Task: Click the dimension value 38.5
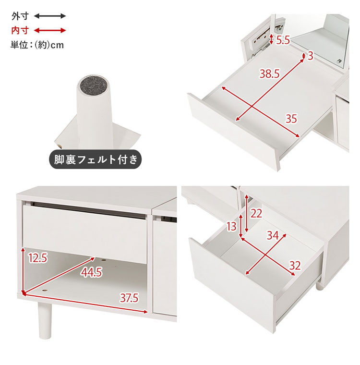pyautogui.click(x=269, y=74)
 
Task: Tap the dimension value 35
pyautogui.click(x=291, y=119)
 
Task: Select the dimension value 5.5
pyautogui.click(x=283, y=40)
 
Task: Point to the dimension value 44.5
pyautogui.click(x=91, y=272)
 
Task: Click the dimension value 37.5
pyautogui.click(x=129, y=298)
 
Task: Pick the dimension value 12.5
pyautogui.click(x=38, y=258)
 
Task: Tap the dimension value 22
pyautogui.click(x=256, y=213)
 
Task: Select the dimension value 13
pyautogui.click(x=231, y=226)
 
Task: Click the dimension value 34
pyautogui.click(x=273, y=235)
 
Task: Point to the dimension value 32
pyautogui.click(x=295, y=266)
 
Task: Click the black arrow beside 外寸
pyautogui.click(x=50, y=16)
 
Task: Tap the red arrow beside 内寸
pyautogui.click(x=50, y=30)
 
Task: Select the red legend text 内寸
pyautogui.click(x=20, y=30)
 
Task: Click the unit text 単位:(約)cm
pyautogui.click(x=37, y=45)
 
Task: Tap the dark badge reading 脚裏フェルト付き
pyautogui.click(x=95, y=159)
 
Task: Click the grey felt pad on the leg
pyautogui.click(x=93, y=85)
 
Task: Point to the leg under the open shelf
pyautogui.click(x=44, y=320)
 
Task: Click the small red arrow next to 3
pyautogui.click(x=303, y=56)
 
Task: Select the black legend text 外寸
pyautogui.click(x=20, y=16)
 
